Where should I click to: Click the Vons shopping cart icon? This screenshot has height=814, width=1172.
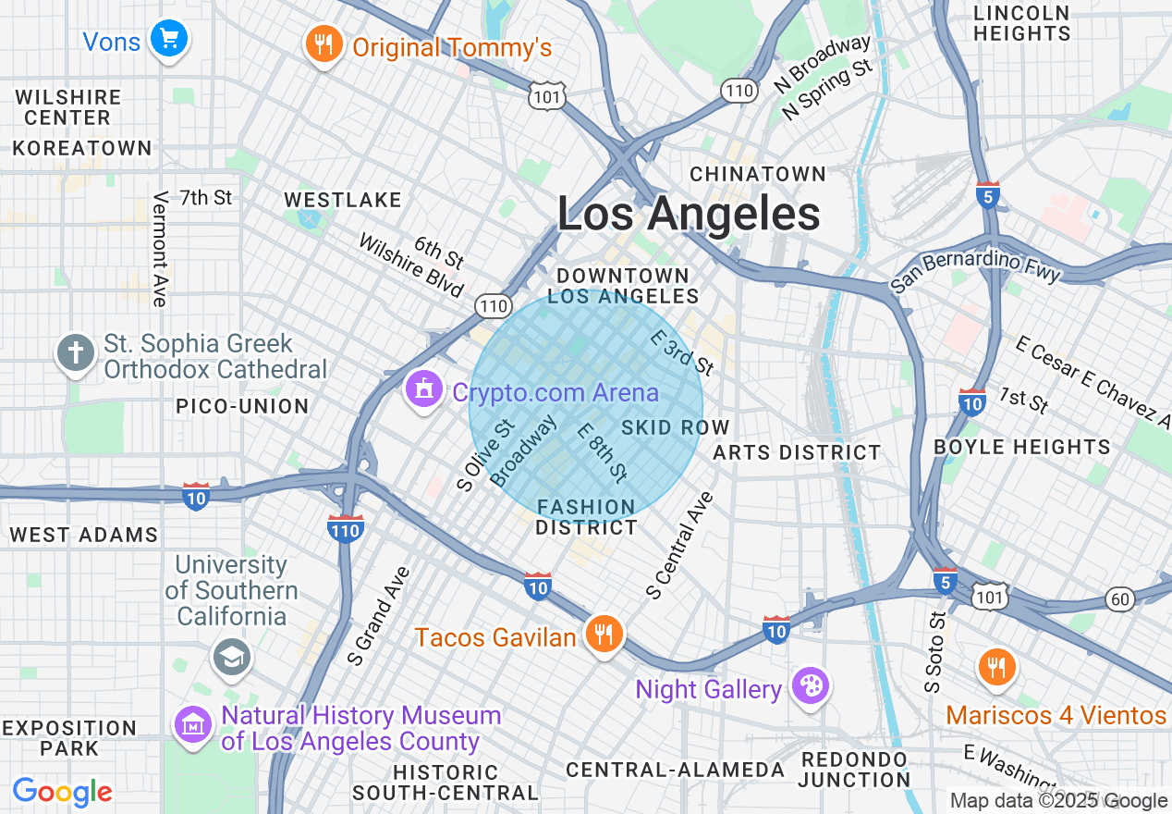[168, 39]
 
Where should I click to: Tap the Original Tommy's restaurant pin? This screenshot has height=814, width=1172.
[323, 44]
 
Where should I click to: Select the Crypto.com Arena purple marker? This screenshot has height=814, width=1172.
[424, 390]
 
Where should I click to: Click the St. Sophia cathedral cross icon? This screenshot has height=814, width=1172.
[76, 353]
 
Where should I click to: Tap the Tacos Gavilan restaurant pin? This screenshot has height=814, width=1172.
[604, 635]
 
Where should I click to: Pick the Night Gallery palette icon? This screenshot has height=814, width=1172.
[810, 687]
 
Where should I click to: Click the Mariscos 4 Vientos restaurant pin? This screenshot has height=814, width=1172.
[995, 668]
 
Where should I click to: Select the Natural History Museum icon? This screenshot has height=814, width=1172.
[192, 725]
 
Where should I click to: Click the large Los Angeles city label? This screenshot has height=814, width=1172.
[689, 215]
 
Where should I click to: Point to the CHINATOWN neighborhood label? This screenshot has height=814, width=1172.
[758, 174]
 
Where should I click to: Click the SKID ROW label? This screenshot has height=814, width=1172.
[676, 427]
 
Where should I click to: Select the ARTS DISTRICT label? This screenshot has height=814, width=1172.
[797, 452]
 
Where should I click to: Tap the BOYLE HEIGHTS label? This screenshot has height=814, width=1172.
[1021, 447]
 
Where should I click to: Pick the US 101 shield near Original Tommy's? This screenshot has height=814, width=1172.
[546, 96]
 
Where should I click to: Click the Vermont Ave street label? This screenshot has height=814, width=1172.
[161, 248]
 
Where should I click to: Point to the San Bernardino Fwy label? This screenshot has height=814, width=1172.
[976, 269]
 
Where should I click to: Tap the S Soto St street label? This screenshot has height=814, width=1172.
[935, 652]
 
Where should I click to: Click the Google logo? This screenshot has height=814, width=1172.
[63, 793]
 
